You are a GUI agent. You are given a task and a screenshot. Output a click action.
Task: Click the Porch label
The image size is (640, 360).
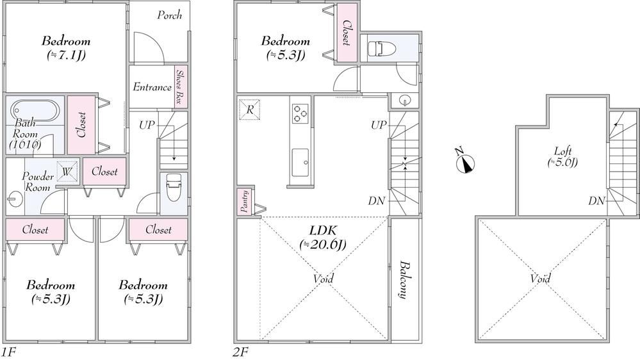(x=169, y=15)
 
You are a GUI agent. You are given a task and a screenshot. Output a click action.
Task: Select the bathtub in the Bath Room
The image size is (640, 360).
(x=35, y=110)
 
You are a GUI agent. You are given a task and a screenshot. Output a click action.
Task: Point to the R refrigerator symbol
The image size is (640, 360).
(x=249, y=110)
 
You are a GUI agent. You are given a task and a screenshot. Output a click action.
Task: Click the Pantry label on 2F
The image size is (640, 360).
(x=245, y=201)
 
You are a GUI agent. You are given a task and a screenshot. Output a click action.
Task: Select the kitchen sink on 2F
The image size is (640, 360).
(x=300, y=163)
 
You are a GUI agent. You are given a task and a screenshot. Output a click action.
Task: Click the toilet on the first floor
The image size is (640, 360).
(x=174, y=187)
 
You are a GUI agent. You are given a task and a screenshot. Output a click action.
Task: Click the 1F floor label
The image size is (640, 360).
(x=8, y=352)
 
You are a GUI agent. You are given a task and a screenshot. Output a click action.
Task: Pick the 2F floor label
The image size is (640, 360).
(x=241, y=352)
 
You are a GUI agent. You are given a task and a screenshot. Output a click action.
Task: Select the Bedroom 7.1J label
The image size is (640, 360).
(x=66, y=48)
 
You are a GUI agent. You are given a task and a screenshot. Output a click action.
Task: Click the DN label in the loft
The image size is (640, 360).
(x=596, y=200)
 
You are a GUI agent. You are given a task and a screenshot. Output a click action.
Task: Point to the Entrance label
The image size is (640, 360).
(x=152, y=87)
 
